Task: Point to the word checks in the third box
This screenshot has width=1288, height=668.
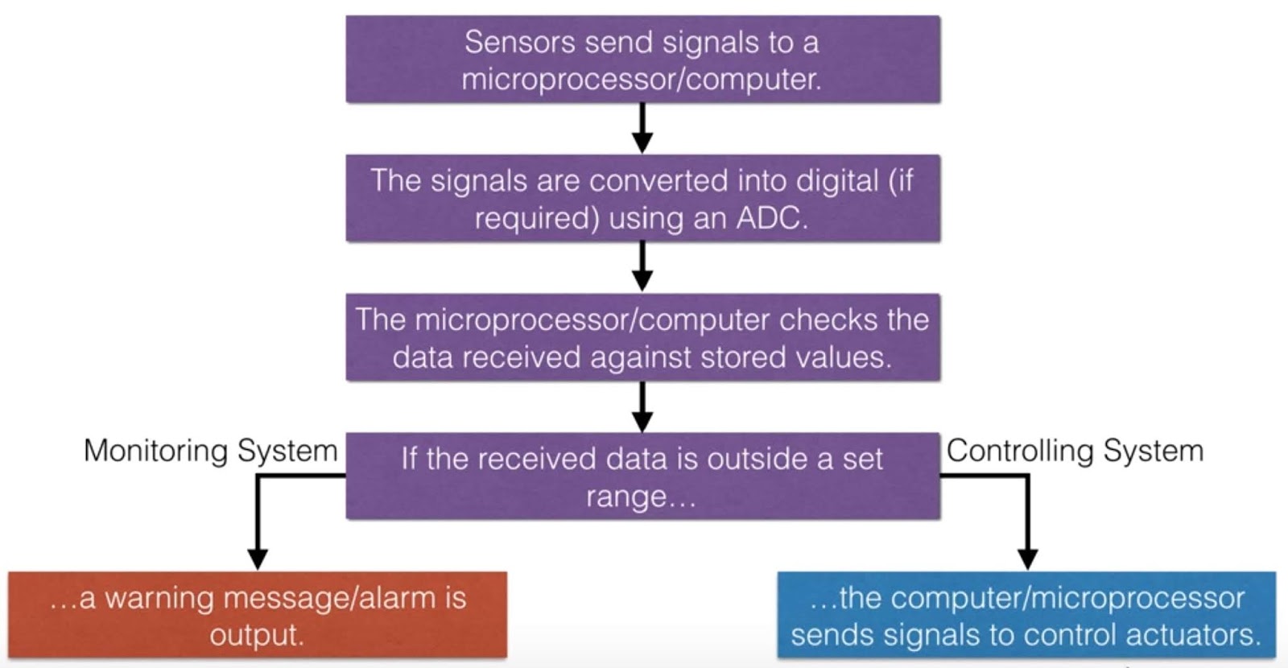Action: tap(829, 320)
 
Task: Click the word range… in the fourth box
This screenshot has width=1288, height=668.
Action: tap(641, 497)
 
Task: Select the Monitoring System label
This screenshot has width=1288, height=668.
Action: tap(210, 451)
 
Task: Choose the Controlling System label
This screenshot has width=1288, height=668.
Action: tap(1075, 451)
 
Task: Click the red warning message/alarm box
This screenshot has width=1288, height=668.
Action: tap(258, 616)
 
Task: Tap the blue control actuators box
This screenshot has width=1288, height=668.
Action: tap(1026, 616)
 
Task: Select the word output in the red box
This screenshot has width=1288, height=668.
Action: tap(257, 635)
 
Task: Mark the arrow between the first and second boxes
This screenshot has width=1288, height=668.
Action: tap(642, 129)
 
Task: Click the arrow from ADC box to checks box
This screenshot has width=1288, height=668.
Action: tap(642, 267)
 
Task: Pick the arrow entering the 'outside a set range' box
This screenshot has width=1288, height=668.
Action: tap(642, 407)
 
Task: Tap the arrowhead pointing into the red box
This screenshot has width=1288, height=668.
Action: tap(258, 559)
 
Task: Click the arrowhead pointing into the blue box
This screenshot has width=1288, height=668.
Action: tap(1027, 559)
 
